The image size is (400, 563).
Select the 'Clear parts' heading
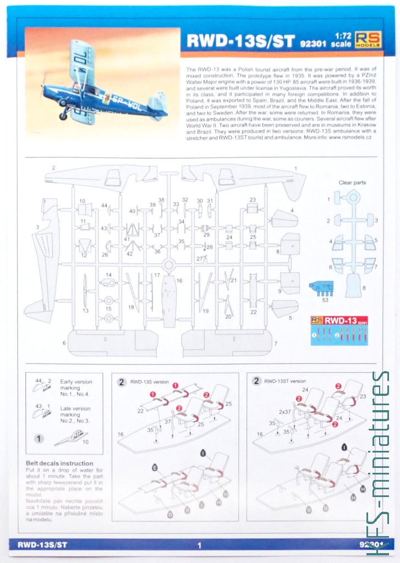coord(353,183)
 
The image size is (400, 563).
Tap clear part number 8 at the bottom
coord(353,284)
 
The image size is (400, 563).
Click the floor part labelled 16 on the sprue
coord(168,300)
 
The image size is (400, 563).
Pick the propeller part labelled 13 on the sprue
coord(85,291)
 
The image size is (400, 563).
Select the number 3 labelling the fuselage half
coord(37,227)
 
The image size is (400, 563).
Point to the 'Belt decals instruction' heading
coord(59,463)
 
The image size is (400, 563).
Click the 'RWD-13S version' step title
coord(149,381)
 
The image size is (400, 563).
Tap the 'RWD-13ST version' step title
coord(284,381)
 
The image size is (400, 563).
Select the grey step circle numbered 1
coord(39,439)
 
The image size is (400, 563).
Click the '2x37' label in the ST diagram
coord(284,411)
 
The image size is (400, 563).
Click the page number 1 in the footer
coord(200,545)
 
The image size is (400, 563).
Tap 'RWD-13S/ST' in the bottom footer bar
coord(42,545)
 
